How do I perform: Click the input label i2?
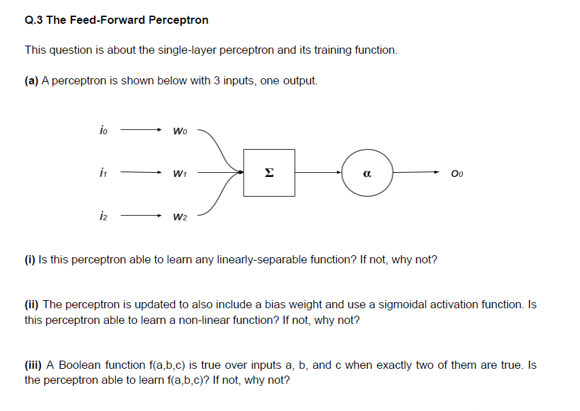103,217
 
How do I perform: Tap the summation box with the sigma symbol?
269,173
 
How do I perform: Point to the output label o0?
457,174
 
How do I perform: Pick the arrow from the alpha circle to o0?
417,173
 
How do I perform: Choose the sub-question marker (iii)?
34,365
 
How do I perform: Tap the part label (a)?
31,80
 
